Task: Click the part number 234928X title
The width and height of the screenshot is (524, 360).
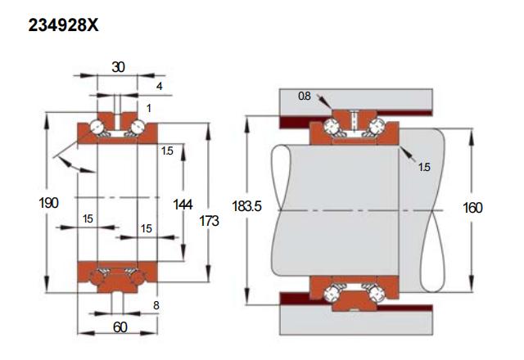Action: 63,25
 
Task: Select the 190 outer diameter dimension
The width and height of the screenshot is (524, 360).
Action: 48,203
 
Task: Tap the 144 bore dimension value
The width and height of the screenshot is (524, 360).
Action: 183,205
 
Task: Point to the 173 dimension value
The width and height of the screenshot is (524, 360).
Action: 209,221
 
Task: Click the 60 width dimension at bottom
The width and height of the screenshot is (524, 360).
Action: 120,327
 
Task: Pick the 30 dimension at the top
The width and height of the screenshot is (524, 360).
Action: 118,67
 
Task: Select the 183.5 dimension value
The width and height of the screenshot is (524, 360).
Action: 246,206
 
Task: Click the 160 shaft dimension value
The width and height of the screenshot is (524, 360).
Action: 472,208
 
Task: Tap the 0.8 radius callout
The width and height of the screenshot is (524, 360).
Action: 304,97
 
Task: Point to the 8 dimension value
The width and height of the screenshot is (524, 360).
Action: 156,305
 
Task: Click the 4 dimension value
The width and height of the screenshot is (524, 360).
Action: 160,86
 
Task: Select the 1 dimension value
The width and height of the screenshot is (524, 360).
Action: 149,108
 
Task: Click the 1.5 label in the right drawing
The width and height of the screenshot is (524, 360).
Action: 424,167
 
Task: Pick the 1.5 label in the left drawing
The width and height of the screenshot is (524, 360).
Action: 167,151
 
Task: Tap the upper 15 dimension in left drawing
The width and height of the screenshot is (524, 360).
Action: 88,218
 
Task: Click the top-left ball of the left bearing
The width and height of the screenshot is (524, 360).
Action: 97,127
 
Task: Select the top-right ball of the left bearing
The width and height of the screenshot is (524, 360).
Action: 137,127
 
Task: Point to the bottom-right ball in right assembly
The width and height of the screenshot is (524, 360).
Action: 375,292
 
